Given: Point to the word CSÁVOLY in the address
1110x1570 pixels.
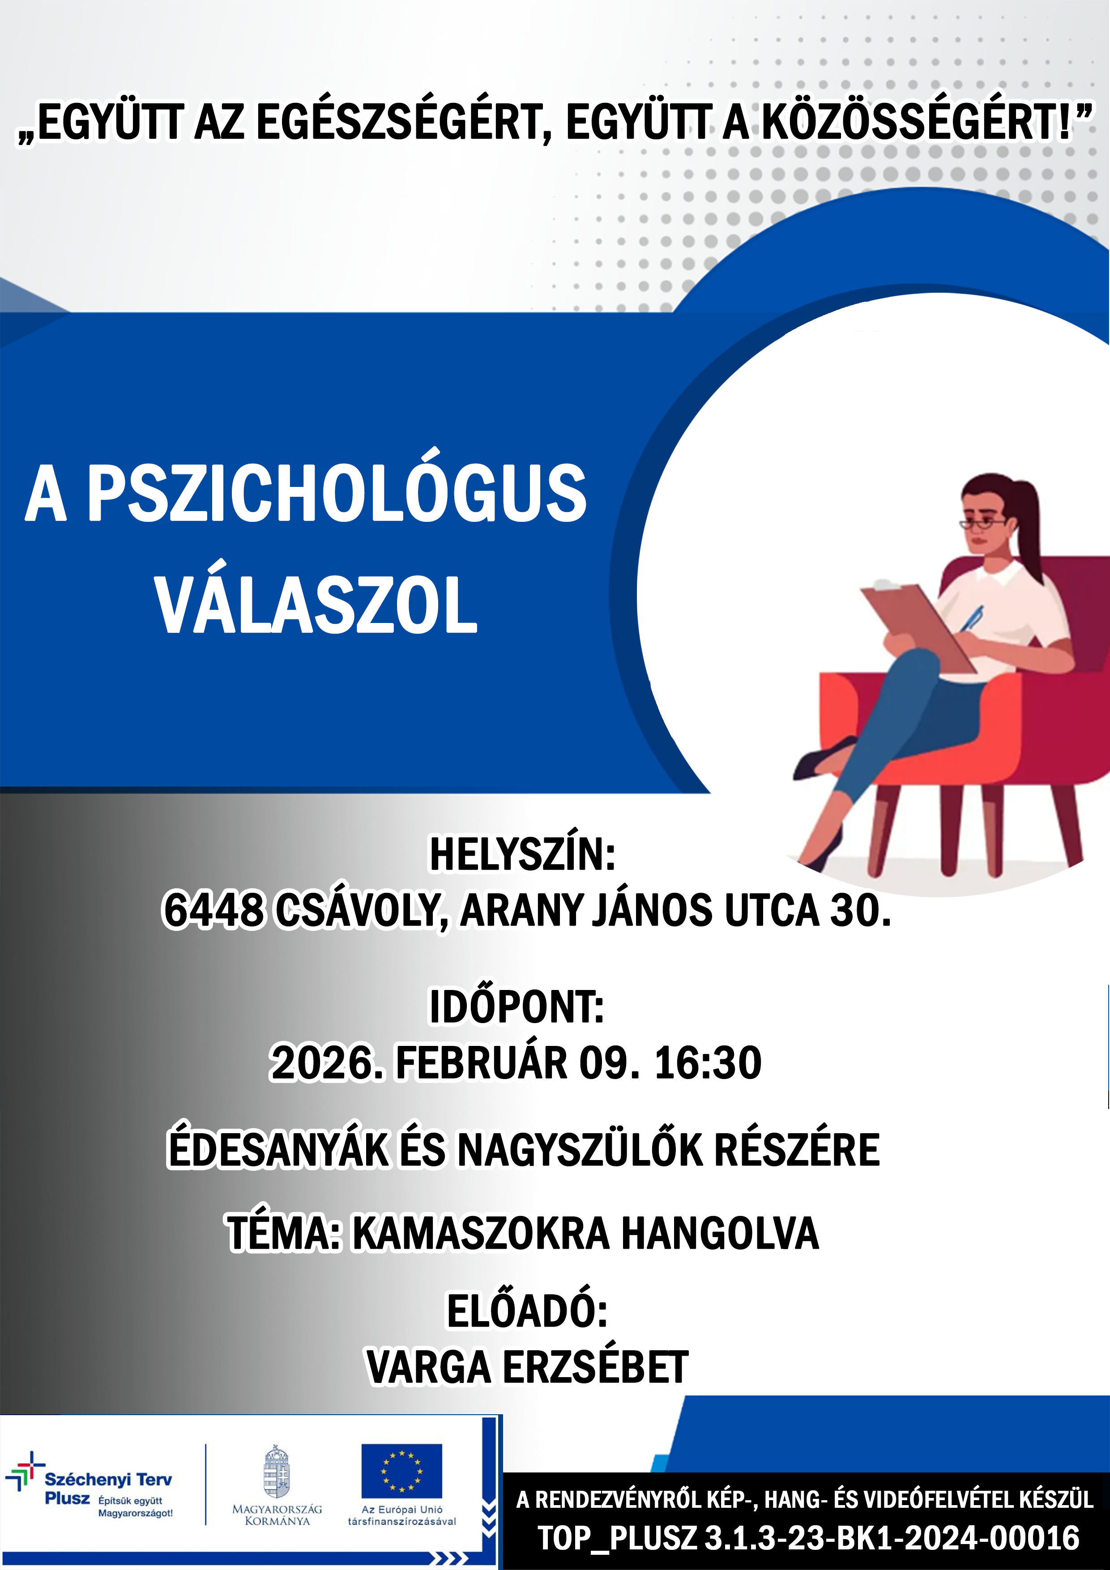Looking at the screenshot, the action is pos(360,911).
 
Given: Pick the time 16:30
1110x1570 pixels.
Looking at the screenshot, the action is pos(708,1062).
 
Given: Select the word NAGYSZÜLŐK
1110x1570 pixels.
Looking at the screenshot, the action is pos(581,1149).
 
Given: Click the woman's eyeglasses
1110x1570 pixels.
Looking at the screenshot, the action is pos(982,524).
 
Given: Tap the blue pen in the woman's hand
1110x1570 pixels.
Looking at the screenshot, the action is pos(970,619).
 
